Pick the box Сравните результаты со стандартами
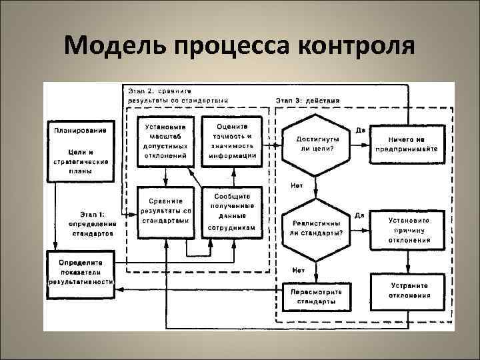click(165, 212)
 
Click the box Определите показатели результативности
click(80, 270)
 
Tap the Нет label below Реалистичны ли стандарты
click(297, 270)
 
